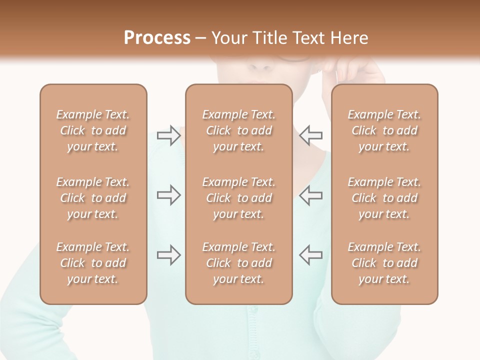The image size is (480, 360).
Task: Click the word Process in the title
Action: [157, 38]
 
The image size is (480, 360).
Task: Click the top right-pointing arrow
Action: [168, 135]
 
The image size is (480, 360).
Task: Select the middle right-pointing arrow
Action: [168, 195]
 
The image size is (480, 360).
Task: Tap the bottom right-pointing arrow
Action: [168, 255]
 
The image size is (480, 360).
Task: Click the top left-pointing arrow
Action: [311, 135]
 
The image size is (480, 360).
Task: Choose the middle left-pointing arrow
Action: [311, 195]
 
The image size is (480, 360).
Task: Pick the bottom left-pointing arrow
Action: [311, 255]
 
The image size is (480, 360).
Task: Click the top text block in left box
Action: [93, 130]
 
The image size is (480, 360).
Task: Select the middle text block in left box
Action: [93, 198]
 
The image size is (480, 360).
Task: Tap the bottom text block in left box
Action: [93, 263]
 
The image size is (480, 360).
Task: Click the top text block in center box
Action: [239, 130]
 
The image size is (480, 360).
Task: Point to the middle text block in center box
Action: [239, 198]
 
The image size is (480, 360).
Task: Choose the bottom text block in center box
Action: [239, 263]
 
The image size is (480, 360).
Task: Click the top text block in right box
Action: [384, 130]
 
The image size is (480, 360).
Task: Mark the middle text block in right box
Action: [384, 198]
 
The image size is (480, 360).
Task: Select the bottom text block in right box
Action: [384, 263]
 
